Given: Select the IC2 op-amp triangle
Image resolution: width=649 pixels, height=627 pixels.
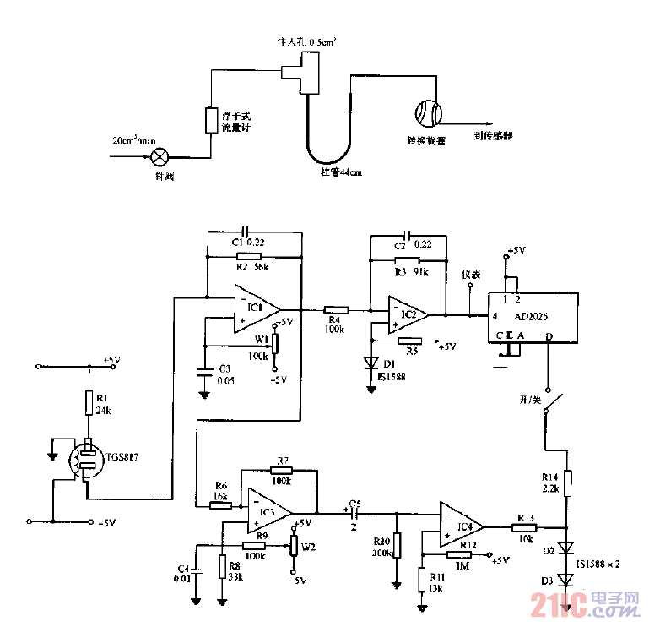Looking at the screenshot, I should [x=408, y=314].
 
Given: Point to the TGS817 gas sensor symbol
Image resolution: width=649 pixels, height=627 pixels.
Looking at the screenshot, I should [x=85, y=461].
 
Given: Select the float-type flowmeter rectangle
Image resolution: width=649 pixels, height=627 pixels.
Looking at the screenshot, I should [x=211, y=120].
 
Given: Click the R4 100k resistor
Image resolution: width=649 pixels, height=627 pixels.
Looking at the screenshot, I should [x=337, y=310].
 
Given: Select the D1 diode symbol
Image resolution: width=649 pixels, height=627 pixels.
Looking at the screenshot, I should [x=370, y=362].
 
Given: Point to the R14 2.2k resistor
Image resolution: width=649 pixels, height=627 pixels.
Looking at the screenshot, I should [x=568, y=483].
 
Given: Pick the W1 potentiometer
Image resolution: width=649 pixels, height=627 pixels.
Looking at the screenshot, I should [x=276, y=344].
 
